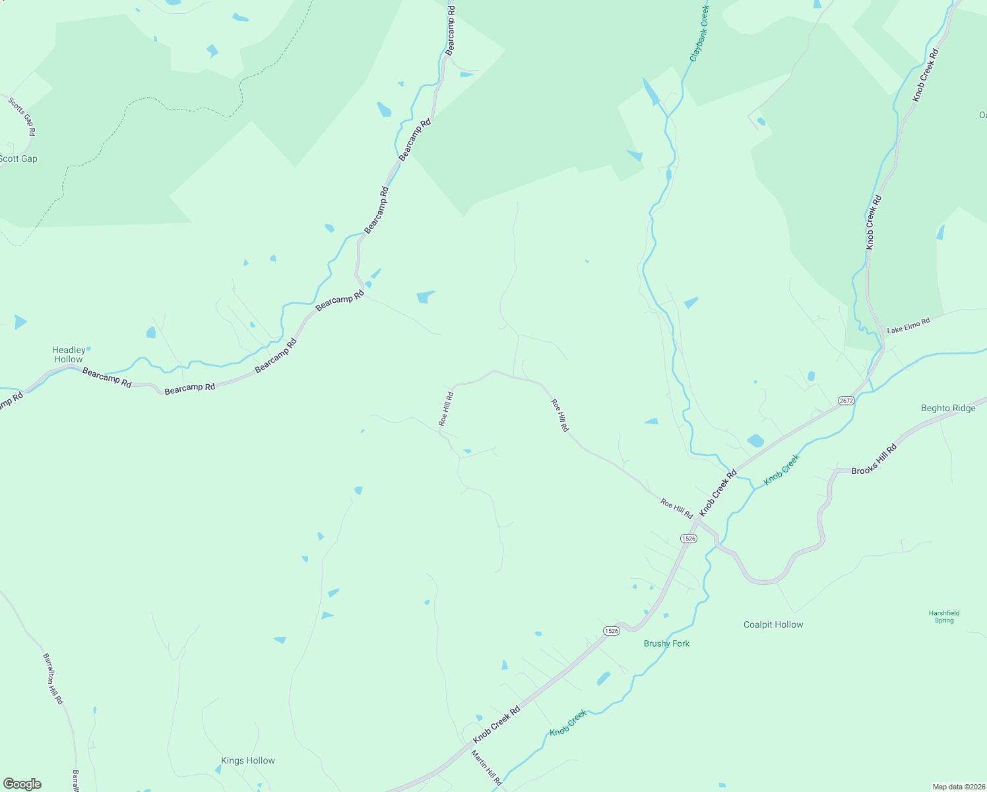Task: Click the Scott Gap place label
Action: [18, 158]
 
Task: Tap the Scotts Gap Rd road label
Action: [22, 117]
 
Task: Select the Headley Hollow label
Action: [69, 354]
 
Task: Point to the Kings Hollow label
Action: [248, 760]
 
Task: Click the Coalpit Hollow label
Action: [773, 624]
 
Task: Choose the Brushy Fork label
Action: [666, 643]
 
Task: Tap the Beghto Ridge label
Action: [948, 408]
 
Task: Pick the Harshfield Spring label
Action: [944, 616]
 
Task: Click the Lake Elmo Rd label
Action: [908, 325]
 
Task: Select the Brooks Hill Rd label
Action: [874, 459]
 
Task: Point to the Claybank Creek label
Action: [699, 34]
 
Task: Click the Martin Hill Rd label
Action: [486, 767]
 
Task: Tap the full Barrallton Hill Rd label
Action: [53, 678]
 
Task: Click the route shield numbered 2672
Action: [846, 401]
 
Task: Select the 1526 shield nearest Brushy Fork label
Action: [611, 631]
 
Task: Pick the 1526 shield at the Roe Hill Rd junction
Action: [688, 539]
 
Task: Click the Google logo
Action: [22, 784]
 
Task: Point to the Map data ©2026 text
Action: [958, 787]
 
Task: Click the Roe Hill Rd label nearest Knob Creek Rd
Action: [677, 508]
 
